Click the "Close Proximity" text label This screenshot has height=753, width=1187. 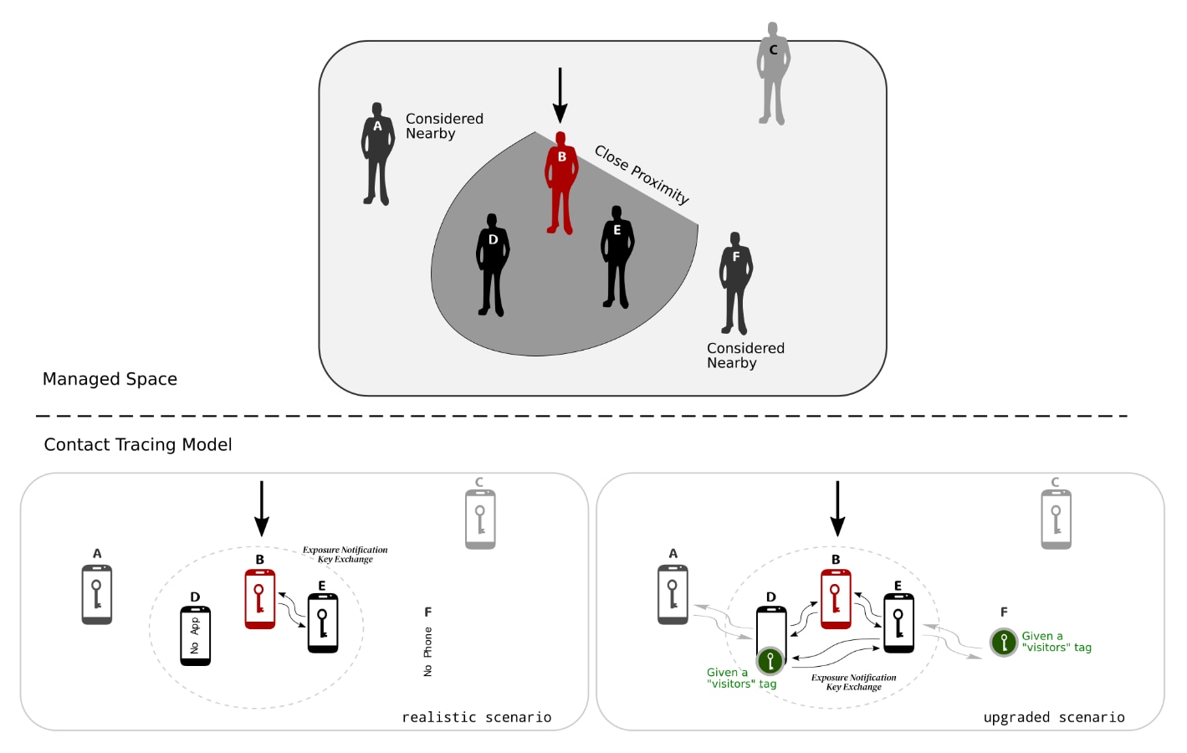642,174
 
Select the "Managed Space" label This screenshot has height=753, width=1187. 110,379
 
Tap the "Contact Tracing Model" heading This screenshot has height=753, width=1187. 138,444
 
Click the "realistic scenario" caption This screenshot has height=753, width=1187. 477,717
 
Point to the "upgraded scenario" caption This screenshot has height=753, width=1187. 1054,717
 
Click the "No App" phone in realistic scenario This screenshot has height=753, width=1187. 196,636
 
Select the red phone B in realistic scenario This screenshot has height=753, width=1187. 260,599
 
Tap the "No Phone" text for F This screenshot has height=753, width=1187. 428,651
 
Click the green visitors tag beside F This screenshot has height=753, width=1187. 1004,642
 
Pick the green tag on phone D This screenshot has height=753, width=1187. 770,661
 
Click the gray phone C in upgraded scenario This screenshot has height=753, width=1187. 1057,520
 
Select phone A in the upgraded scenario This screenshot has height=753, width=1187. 673,595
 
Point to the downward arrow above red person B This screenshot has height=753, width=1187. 560,95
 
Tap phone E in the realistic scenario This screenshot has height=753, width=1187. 323,623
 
